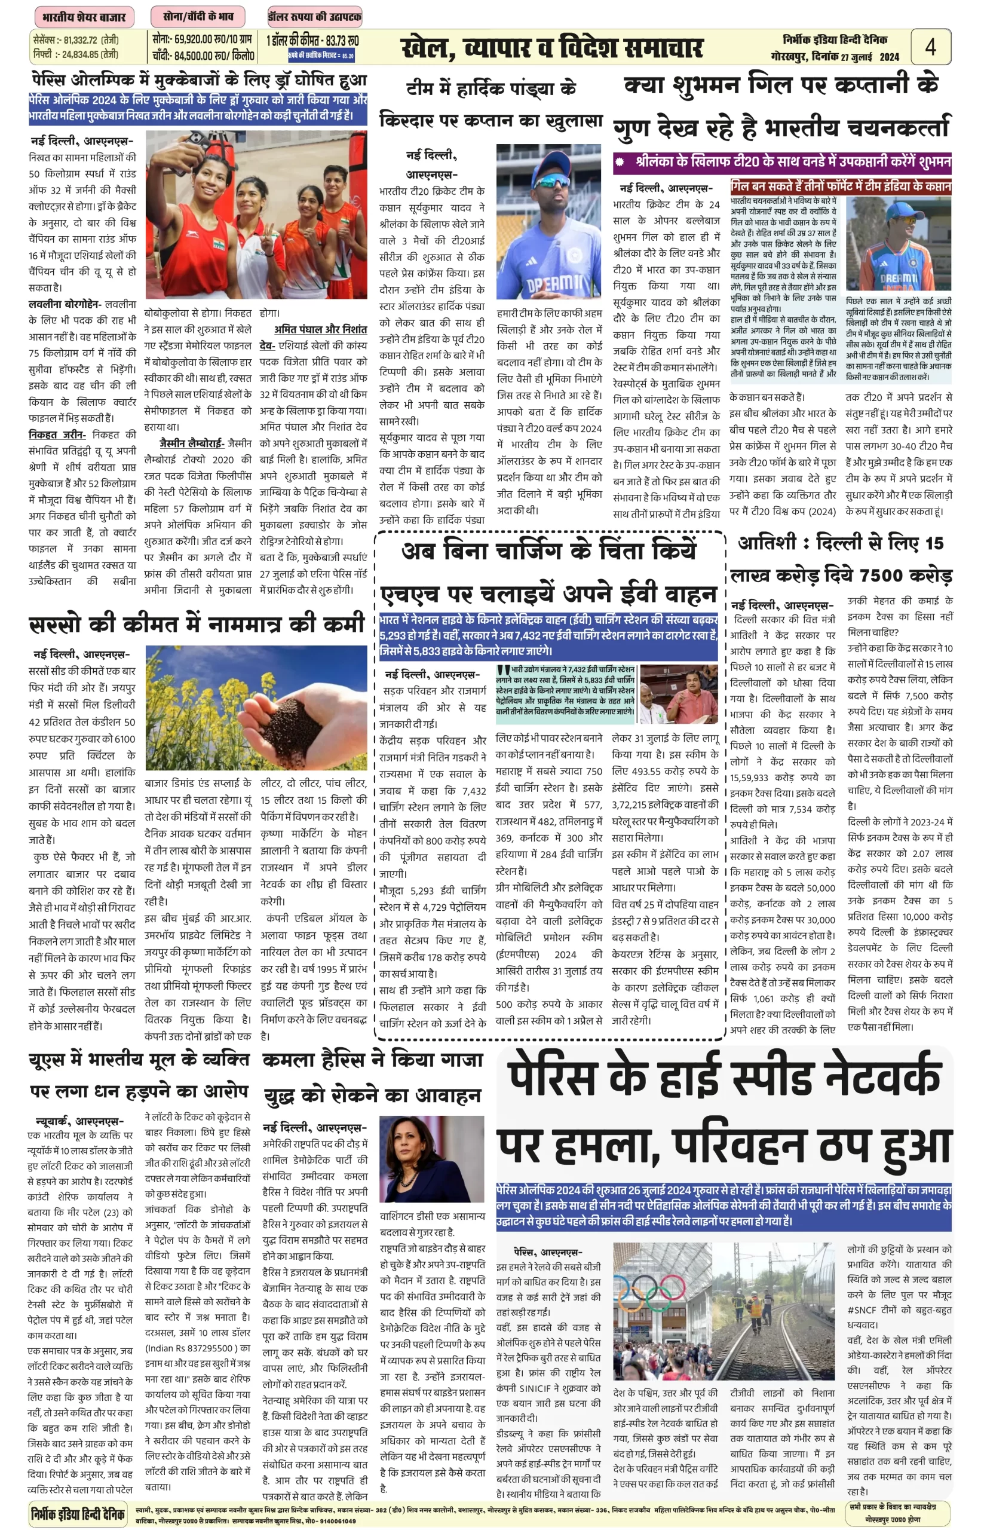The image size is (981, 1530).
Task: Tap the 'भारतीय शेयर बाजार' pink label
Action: (x=84, y=17)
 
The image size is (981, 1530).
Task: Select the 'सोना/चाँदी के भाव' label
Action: (x=198, y=17)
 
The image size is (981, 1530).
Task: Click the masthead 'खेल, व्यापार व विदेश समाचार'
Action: (x=551, y=48)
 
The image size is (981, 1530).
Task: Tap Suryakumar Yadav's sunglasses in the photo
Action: (x=548, y=182)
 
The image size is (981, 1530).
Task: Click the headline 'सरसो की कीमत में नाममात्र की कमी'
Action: (x=197, y=624)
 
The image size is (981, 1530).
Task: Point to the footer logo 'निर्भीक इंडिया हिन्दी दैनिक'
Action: (x=78, y=1513)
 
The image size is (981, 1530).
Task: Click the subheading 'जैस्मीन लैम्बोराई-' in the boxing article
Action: (x=192, y=442)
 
